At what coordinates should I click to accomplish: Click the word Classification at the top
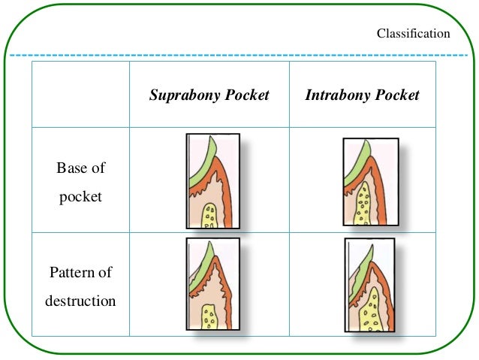tap(413, 34)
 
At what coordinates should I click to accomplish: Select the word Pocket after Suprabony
tap(247, 95)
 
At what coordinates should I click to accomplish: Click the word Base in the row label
tap(71, 168)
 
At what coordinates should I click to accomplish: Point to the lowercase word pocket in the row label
tap(80, 197)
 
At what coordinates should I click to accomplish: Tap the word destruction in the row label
tap(80, 301)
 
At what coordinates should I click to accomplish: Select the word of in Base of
tap(98, 168)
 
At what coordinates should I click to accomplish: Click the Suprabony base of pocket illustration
tap(212, 180)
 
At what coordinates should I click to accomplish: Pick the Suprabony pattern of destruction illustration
tap(212, 284)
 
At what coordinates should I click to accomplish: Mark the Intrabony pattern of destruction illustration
tap(369, 285)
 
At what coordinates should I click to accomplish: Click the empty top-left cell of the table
tap(80, 95)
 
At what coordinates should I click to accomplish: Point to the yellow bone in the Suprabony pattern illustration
tap(211, 316)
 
